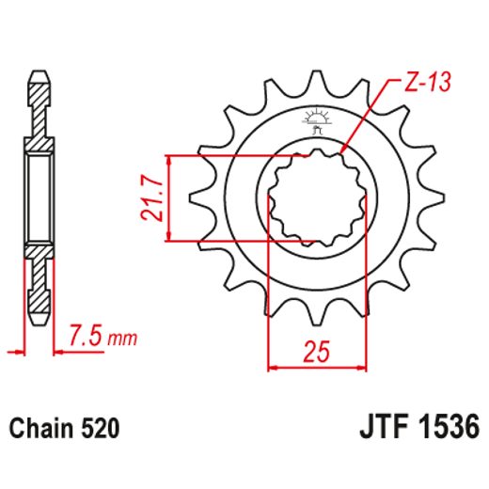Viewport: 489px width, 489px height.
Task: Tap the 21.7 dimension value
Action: pyautogui.click(x=150, y=198)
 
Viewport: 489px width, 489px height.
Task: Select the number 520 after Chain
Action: pyautogui.click(x=99, y=428)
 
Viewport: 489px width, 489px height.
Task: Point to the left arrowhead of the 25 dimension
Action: pyautogui.click(x=274, y=366)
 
